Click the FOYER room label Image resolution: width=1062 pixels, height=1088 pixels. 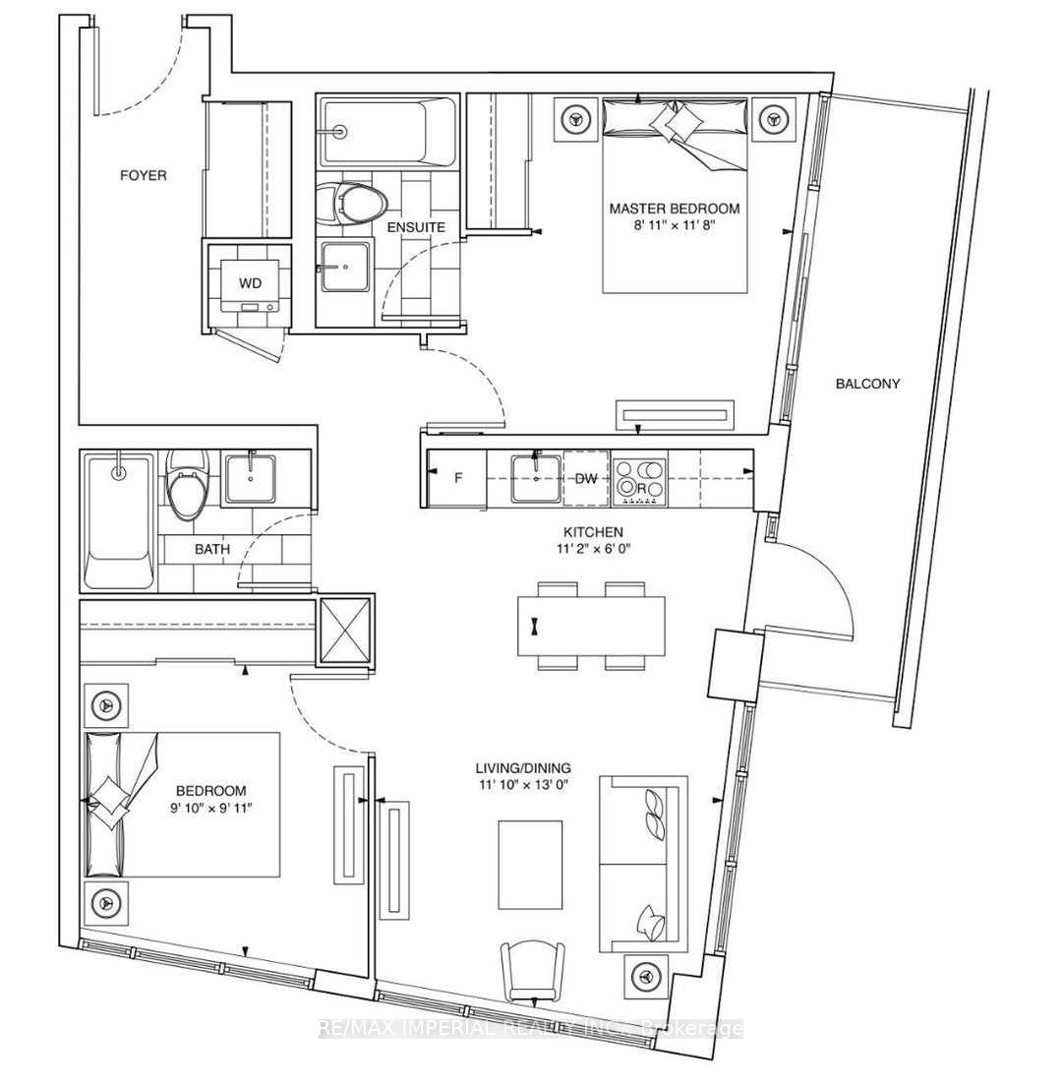coord(144,176)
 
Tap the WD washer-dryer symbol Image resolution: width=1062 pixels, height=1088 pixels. coord(250,283)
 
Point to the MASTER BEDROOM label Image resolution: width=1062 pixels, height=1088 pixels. coord(674,209)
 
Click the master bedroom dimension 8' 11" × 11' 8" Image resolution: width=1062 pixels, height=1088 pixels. coord(674,227)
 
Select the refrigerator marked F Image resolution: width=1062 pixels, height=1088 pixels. coord(456,479)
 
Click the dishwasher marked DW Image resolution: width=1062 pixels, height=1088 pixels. coord(586,479)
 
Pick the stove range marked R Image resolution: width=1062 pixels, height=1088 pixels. coord(639,480)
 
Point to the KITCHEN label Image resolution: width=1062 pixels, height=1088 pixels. coord(588,531)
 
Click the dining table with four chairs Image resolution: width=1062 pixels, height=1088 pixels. coord(590,626)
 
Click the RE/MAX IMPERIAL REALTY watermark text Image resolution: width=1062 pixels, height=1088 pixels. coord(531,1029)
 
